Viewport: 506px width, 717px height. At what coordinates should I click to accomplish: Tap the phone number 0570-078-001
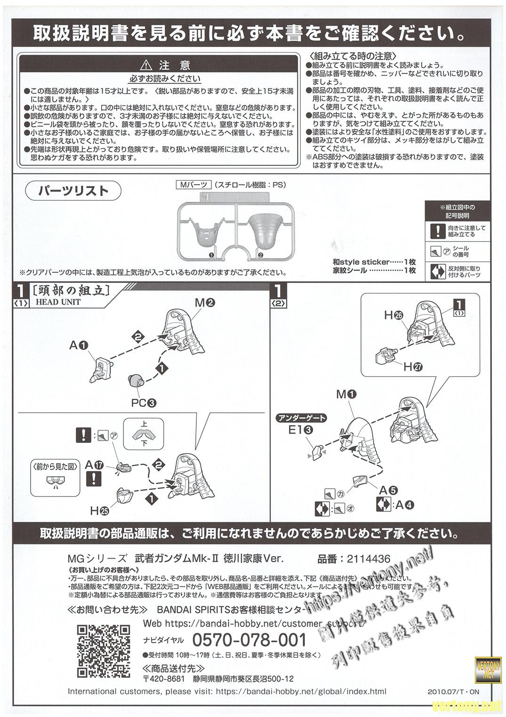coord(249,640)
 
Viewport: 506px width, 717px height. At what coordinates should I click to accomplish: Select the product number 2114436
coord(368,559)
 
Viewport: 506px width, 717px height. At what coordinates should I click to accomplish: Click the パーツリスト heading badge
coord(73,190)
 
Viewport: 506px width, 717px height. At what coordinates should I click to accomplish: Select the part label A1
coord(79,346)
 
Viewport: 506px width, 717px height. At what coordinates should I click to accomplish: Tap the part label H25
coord(100,509)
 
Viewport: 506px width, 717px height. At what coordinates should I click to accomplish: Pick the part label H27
coord(413,366)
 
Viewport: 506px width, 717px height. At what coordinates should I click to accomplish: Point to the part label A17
coord(95,465)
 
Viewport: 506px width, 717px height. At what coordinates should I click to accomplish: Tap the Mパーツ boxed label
coord(193,185)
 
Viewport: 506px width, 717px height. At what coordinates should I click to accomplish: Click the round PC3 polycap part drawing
coord(136,380)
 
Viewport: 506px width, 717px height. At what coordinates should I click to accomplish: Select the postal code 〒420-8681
coord(164,679)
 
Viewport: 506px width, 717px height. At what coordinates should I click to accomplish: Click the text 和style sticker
coord(361,262)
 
